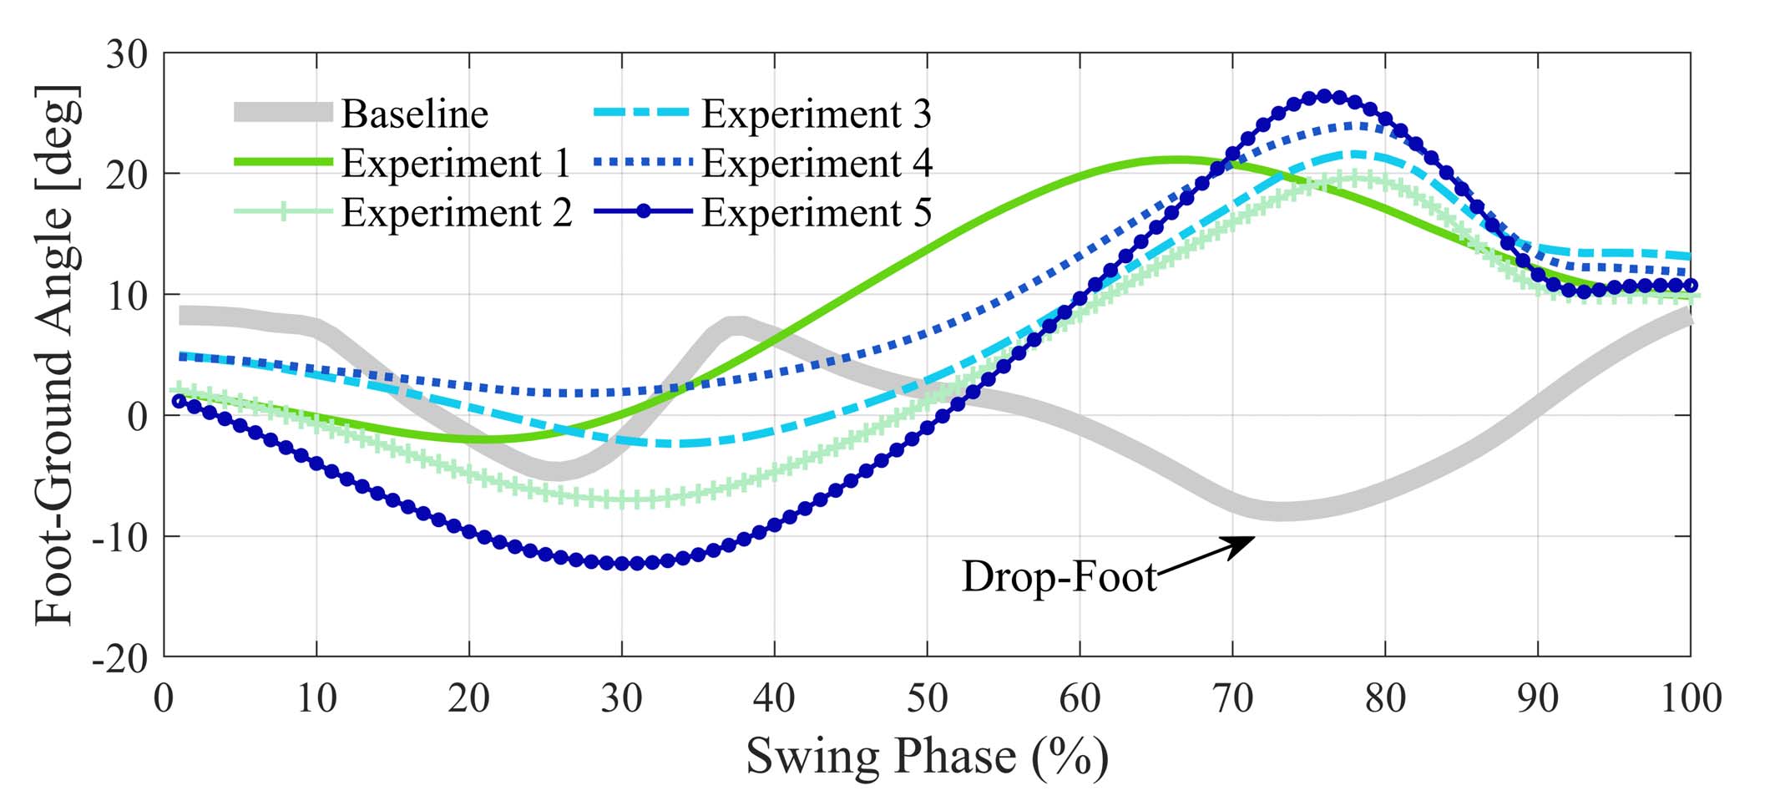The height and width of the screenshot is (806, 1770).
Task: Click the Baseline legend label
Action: (414, 114)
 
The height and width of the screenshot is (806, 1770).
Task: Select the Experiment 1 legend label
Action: (456, 163)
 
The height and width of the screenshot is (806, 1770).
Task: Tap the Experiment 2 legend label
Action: (456, 212)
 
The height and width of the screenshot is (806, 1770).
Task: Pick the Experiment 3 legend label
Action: (816, 114)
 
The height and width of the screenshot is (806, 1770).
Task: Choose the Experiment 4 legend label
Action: (817, 163)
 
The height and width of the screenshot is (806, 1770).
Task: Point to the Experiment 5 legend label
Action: (816, 212)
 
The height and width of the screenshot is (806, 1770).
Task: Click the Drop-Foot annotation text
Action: (1059, 576)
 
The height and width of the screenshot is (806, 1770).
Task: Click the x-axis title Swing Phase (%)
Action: (927, 756)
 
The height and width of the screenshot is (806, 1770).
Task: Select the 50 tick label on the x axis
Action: (927, 697)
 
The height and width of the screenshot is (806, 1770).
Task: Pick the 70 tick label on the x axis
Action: (1232, 697)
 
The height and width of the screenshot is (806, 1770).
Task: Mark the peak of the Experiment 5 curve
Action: (1324, 97)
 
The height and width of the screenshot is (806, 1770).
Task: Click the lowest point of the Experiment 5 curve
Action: (622, 564)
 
